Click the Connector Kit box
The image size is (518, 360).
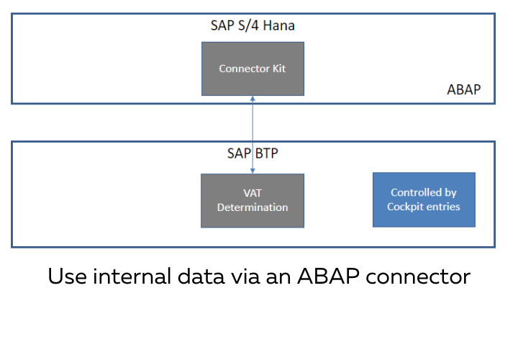tap(253, 68)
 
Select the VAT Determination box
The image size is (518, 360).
tap(253, 200)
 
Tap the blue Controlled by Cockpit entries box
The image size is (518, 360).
tap(424, 199)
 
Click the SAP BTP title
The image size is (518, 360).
tap(251, 153)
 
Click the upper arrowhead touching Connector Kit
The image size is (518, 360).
tap(253, 99)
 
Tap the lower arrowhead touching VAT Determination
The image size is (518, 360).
tap(253, 170)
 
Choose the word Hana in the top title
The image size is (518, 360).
tap(278, 25)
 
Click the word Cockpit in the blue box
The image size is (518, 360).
tap(406, 207)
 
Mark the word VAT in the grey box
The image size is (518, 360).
tap(253, 194)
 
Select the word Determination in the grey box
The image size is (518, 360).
tap(253, 207)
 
